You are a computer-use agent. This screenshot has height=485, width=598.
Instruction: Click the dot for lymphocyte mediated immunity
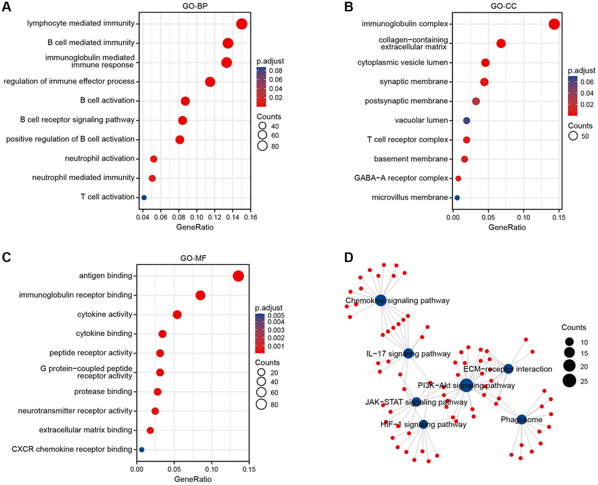[x=241, y=24]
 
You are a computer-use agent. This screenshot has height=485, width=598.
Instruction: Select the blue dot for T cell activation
[x=144, y=198]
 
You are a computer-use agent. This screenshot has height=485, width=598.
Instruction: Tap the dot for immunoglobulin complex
[x=554, y=24]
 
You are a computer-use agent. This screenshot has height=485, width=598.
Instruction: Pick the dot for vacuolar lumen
[x=467, y=120]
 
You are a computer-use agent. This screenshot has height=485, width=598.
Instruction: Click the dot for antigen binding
[x=238, y=276]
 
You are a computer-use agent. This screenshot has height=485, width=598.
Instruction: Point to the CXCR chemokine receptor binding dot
[x=141, y=450]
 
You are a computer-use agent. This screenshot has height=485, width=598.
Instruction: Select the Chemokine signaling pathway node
[x=380, y=300]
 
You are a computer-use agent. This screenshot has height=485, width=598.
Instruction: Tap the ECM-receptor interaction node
[x=508, y=369]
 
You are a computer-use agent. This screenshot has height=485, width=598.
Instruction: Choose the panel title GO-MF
[x=193, y=259]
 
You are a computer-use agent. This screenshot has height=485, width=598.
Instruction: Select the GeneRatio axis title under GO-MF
[x=193, y=479]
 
